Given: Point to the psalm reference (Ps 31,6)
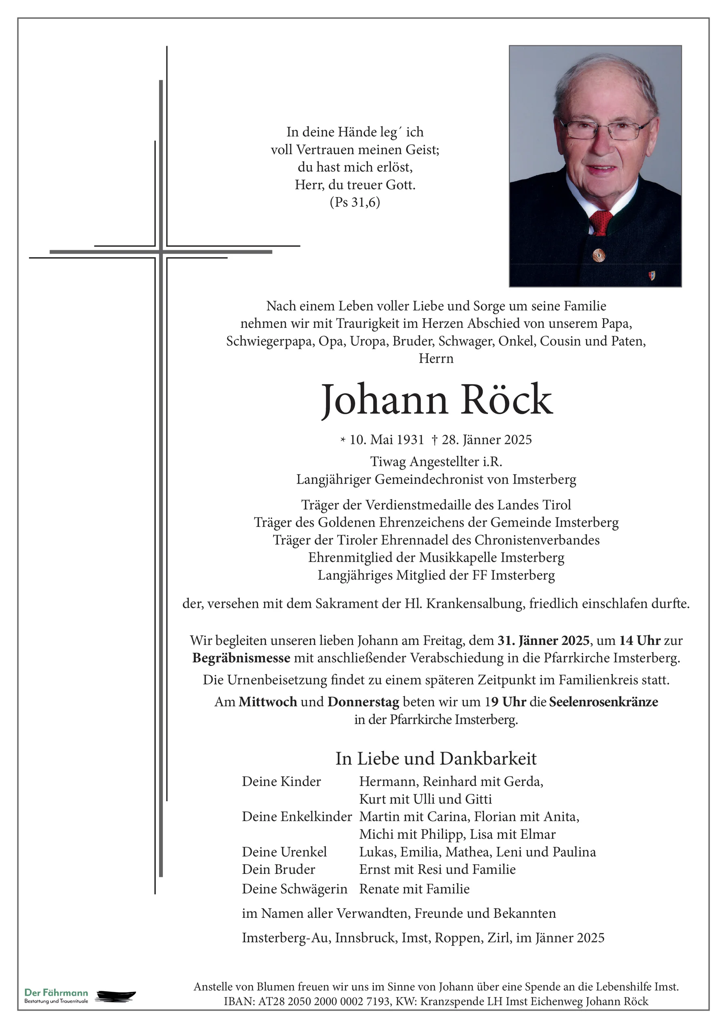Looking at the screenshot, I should (x=355, y=202).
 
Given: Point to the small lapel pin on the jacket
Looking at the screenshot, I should (x=652, y=275).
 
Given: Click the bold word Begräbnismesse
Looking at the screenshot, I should (x=241, y=658).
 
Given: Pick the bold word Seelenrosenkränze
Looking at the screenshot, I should (x=603, y=701).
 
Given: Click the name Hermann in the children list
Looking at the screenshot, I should (x=389, y=781).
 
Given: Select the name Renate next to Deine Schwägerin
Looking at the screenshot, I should (x=380, y=889).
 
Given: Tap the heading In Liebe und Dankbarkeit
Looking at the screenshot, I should (x=436, y=759).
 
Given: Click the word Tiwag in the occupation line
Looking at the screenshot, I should (x=389, y=462).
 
